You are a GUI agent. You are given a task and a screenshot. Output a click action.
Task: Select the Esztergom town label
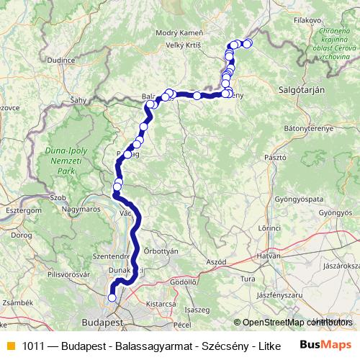click(x=20, y=210)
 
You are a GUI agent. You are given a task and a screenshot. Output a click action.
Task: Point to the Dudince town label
click(x=61, y=61)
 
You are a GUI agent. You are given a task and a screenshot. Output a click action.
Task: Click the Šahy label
click(x=78, y=101)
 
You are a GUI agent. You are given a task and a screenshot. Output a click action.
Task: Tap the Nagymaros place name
click(x=82, y=210)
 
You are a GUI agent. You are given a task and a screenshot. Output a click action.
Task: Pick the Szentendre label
click(x=111, y=256)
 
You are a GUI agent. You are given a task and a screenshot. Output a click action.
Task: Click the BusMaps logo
click(x=325, y=345)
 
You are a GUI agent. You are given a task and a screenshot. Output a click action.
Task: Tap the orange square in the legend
click(x=10, y=346)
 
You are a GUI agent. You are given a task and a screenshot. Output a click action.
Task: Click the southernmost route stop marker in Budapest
click(x=112, y=297)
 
